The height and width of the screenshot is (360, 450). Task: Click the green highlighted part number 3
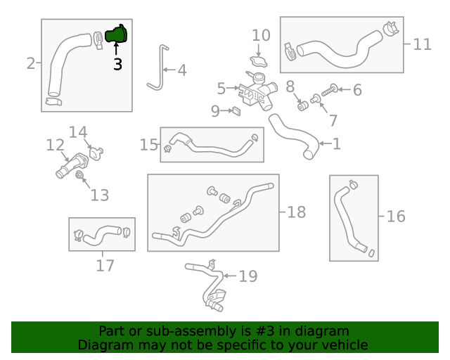click(117, 34)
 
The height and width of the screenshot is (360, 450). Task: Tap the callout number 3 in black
click(117, 64)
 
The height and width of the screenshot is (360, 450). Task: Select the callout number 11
click(422, 44)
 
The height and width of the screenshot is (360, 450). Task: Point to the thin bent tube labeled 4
click(156, 70)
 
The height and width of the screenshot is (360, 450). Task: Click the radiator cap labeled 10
click(257, 60)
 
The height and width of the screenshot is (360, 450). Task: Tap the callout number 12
click(55, 146)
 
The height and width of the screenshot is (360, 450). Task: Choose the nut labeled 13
click(79, 174)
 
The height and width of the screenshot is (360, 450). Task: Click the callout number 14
click(78, 131)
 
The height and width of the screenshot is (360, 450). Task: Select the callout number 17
click(105, 266)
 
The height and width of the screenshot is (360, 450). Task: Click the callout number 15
click(148, 145)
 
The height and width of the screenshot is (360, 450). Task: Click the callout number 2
click(30, 64)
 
